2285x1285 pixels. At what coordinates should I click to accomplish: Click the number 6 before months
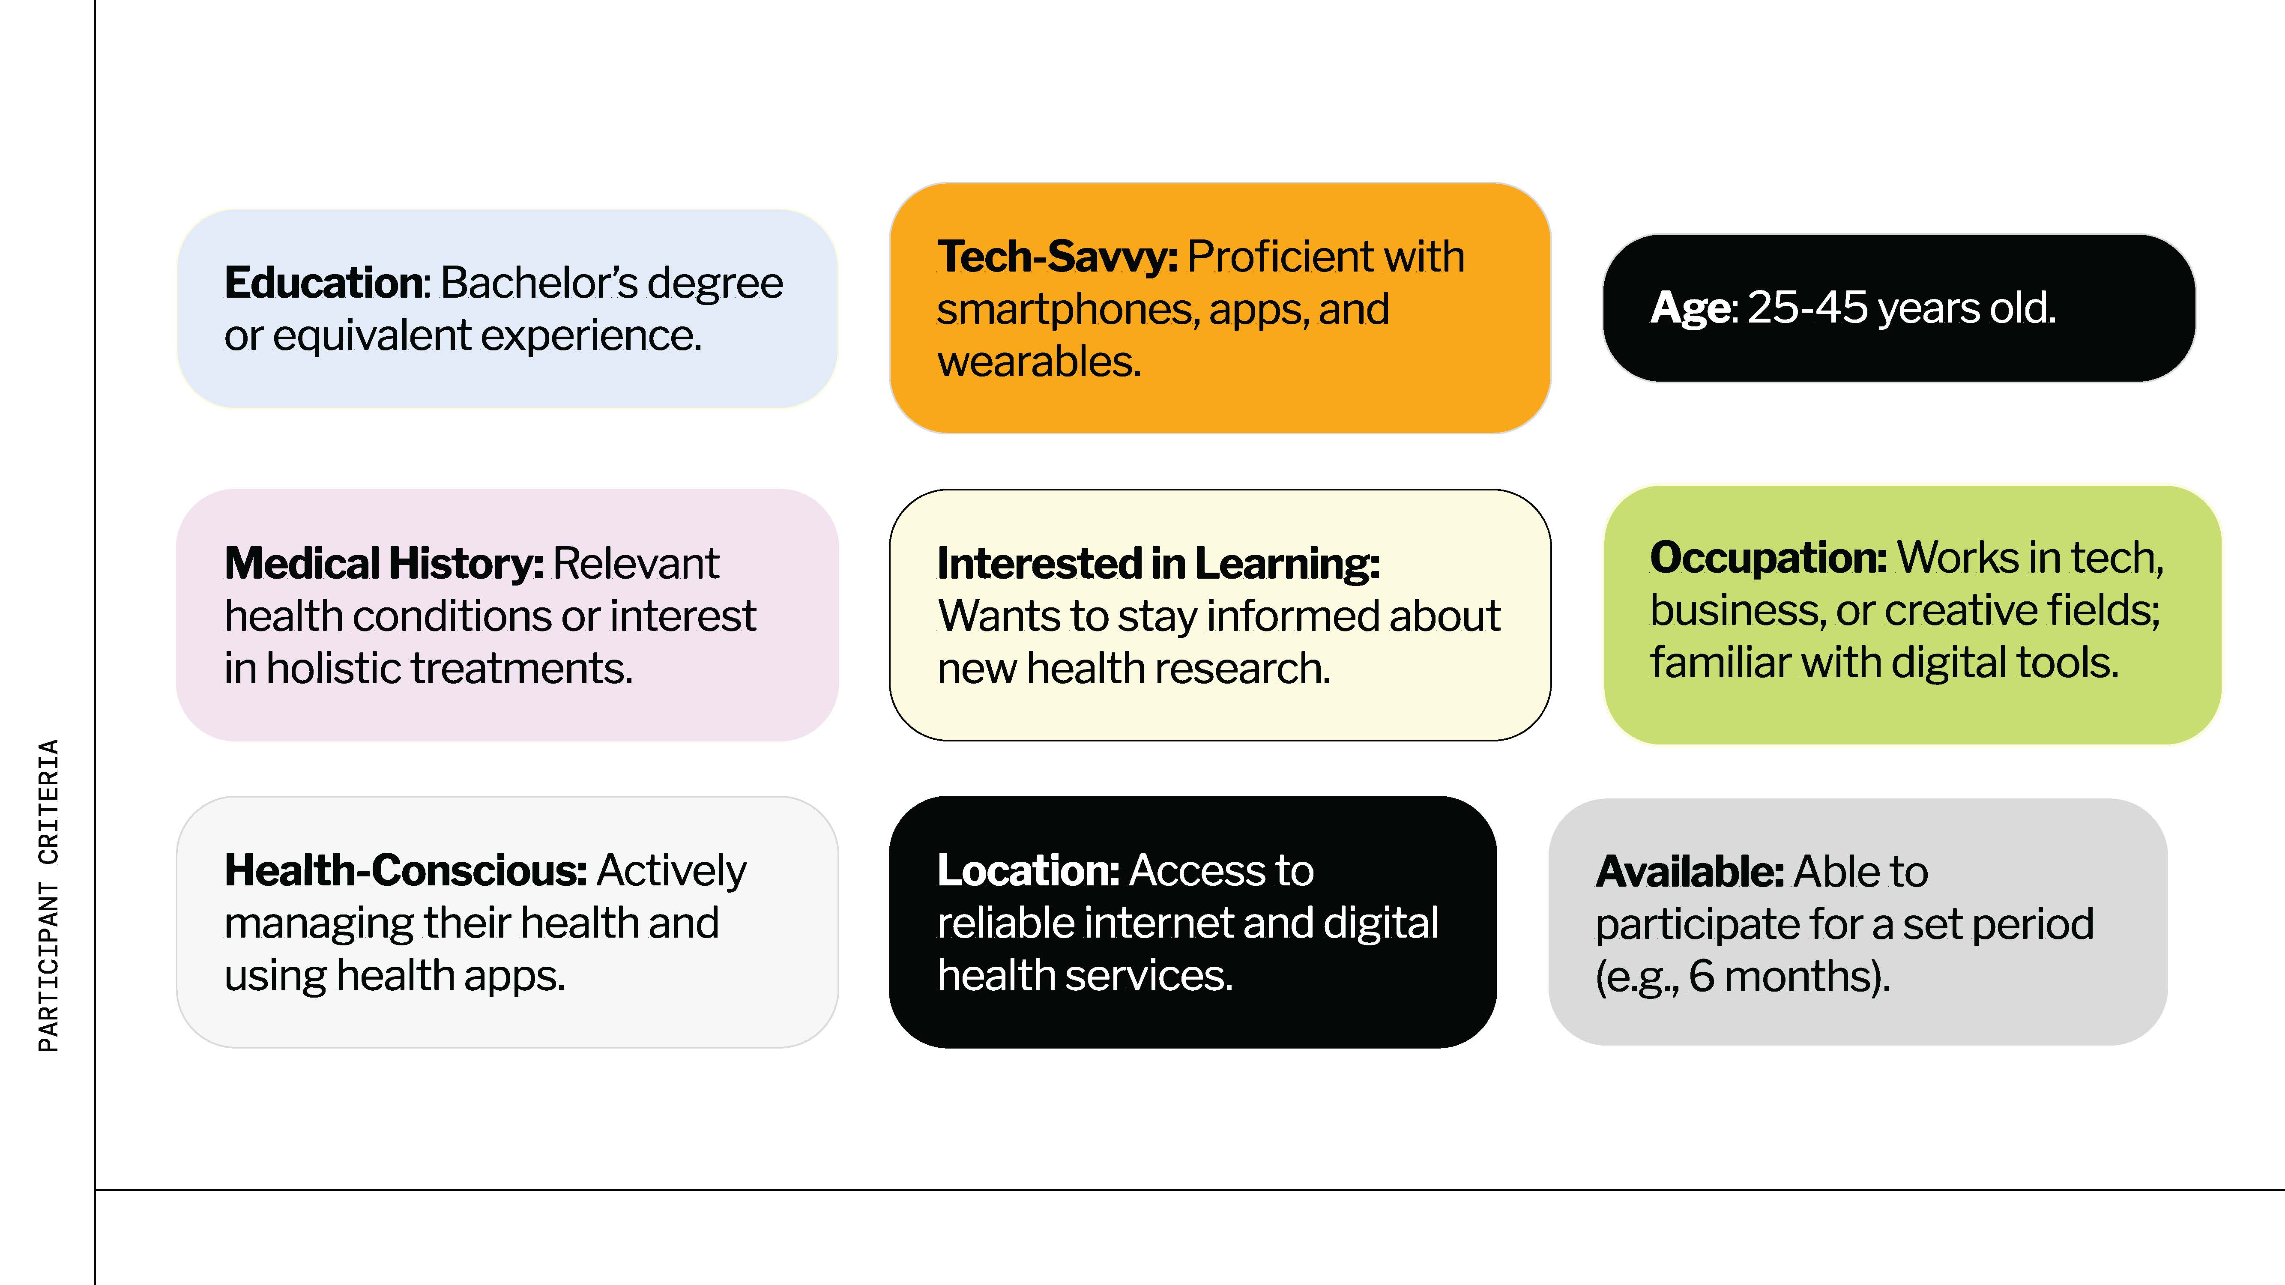pos(1702,977)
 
